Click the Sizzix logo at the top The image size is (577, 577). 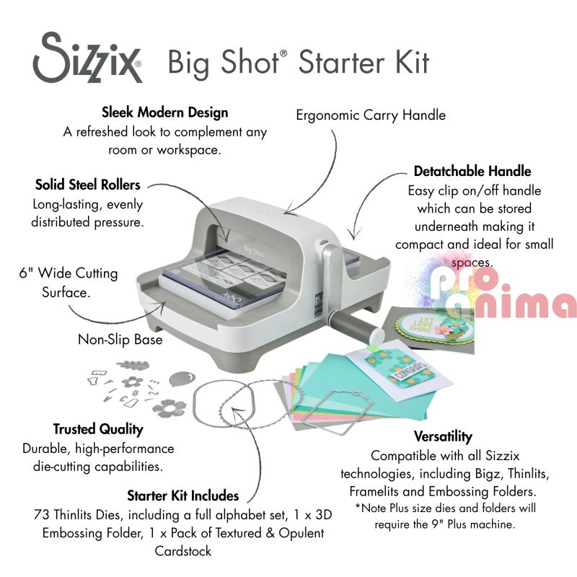tap(87, 58)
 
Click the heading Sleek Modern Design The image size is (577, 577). tap(165, 113)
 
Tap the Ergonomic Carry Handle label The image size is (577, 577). tap(371, 115)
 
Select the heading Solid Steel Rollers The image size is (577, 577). tap(87, 185)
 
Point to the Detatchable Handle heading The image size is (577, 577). tap(472, 171)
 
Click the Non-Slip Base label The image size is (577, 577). tap(120, 339)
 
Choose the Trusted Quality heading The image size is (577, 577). tap(98, 429)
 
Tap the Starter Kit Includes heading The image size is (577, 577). tap(183, 496)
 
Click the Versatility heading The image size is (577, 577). tap(443, 436)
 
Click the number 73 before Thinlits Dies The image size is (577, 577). tap(41, 515)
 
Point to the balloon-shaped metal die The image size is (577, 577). tap(182, 379)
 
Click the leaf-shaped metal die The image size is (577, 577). tap(133, 365)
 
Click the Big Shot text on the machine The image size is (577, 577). tap(254, 251)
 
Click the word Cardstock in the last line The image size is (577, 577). tap(183, 551)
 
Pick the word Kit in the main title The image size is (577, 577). tap(411, 62)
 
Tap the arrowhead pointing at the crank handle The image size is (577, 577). tap(354, 234)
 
